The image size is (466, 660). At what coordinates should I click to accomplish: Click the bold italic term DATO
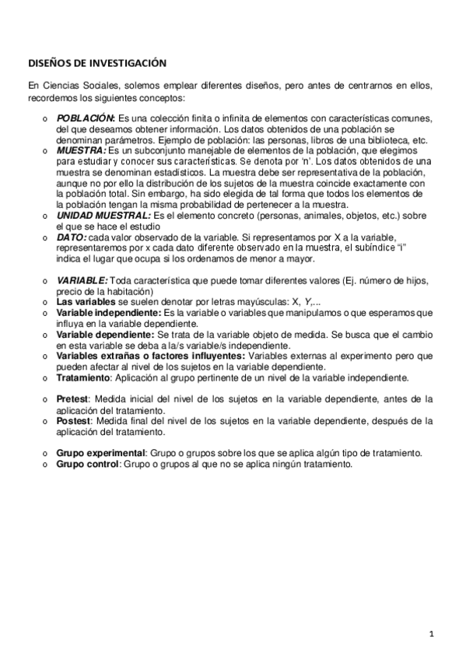point(72,237)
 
